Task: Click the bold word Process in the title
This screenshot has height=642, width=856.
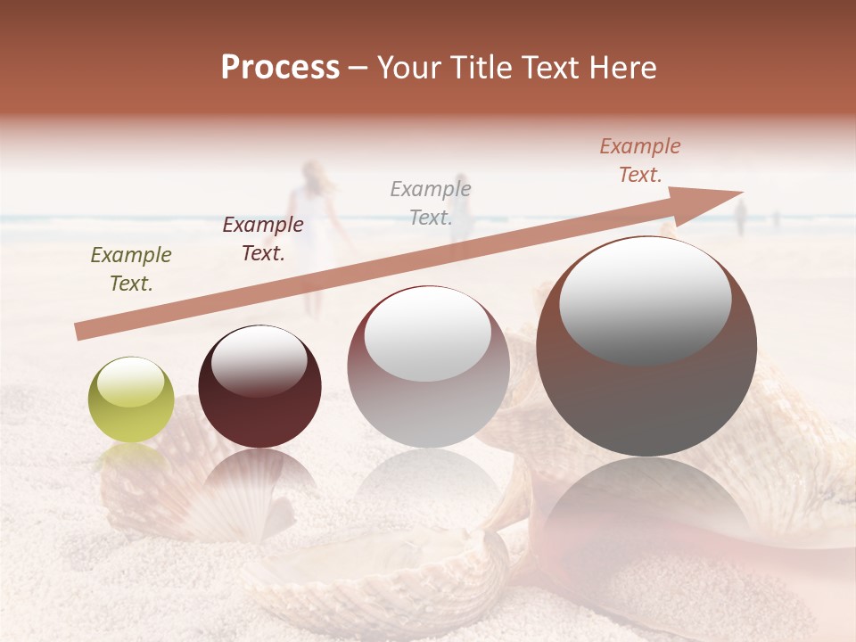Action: (x=280, y=68)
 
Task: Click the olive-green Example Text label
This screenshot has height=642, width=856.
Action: (x=131, y=269)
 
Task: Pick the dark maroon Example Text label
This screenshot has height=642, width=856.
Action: (x=263, y=239)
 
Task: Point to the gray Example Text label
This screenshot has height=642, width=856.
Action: (x=431, y=202)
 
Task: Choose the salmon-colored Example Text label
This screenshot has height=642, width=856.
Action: (x=640, y=160)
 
